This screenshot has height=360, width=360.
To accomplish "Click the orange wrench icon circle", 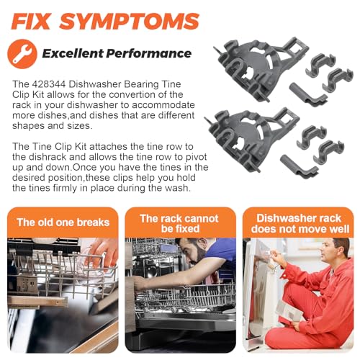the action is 22,54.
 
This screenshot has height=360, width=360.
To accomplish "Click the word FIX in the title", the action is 31,22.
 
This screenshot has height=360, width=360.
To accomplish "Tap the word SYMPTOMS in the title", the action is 129,22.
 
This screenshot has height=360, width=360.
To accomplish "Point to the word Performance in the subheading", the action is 149,53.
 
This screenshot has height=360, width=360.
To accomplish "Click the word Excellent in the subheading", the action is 73,53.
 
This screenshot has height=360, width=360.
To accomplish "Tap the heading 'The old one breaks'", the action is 63,222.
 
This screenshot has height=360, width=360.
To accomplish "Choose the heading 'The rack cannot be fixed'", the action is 179,223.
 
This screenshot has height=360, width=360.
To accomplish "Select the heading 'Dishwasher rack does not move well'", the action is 300,223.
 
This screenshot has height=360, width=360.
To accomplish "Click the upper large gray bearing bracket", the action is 258,68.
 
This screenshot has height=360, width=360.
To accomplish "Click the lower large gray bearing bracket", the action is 251,138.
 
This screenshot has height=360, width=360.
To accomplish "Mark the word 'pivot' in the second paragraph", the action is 197,157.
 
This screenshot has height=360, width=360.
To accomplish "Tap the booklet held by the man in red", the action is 290,312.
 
